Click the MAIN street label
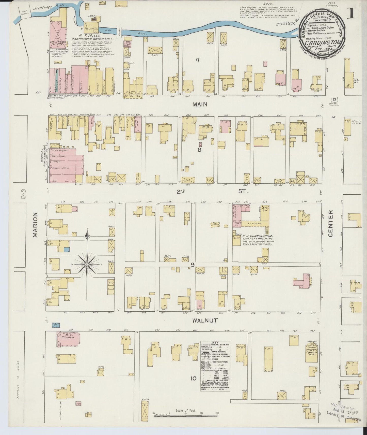(200, 104)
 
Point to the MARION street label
(35, 225)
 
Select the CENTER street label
(330, 224)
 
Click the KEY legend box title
(208, 343)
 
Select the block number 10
(193, 379)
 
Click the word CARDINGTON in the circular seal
(323, 42)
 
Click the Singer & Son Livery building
(58, 42)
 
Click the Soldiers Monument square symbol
(334, 99)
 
